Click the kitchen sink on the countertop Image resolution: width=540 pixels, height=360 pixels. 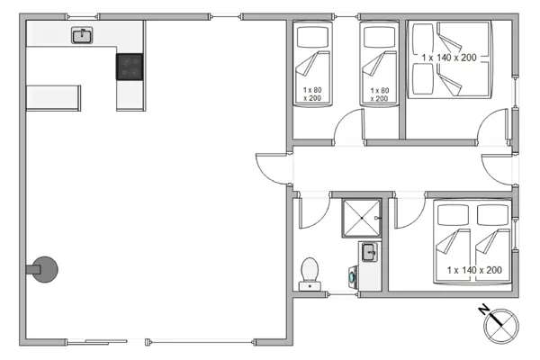coord(82,35)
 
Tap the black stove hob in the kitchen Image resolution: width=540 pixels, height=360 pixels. coord(130,67)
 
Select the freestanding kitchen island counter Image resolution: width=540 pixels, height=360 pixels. coord(54,96)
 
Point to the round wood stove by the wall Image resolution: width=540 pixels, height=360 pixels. coord(45,267)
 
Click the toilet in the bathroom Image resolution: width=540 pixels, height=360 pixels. coord(310,274)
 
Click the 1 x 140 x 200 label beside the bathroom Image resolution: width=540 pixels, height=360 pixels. coord(473,269)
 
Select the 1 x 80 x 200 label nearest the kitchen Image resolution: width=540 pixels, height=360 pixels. coord(312,94)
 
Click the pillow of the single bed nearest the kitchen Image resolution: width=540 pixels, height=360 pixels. coord(312,37)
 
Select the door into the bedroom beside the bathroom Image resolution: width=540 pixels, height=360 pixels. coord(409,212)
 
